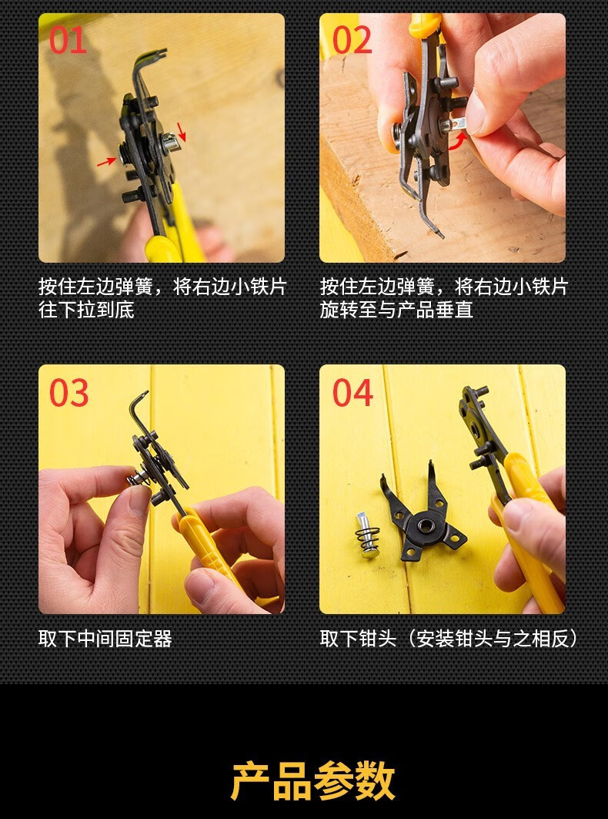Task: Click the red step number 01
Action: pos(68,40)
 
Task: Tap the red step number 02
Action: pos(352,40)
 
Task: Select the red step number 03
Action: pos(69,392)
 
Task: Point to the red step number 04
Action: pos(352,392)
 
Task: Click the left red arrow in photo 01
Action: pos(106,162)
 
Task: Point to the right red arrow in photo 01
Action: pos(181,132)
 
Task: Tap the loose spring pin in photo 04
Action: pos(367,535)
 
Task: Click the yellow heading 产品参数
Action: pos(312,781)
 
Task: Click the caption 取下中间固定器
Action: pos(105,639)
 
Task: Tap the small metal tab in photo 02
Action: pos(458,124)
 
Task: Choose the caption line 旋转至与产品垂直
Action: pos(396,310)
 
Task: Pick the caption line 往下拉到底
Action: pos(86,310)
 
